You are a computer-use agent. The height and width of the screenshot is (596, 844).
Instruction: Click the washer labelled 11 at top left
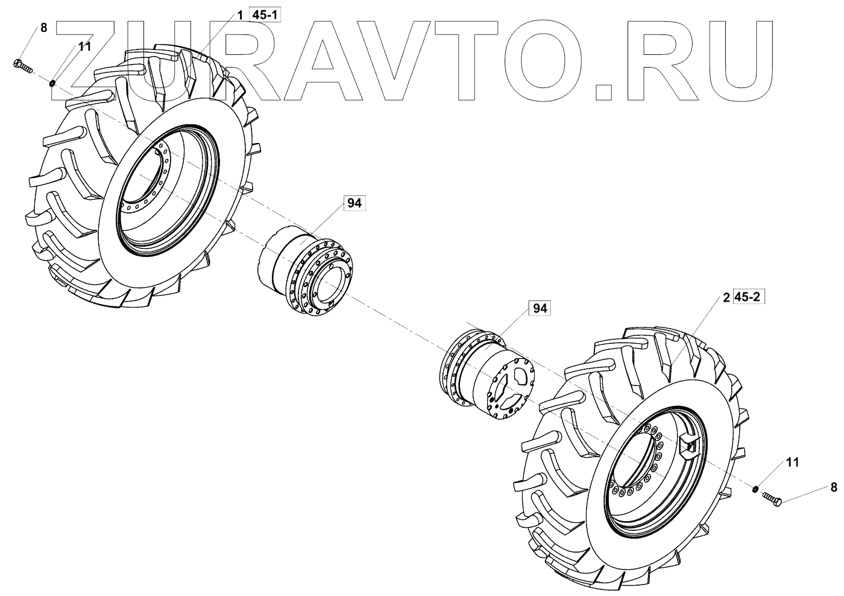tap(52, 81)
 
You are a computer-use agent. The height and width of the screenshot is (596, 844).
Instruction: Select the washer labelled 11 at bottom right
tap(755, 488)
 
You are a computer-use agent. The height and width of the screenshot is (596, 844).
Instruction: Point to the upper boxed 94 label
tap(354, 204)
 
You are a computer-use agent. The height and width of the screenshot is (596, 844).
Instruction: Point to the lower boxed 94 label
tap(539, 308)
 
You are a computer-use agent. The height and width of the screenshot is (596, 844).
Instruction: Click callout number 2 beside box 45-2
tap(726, 297)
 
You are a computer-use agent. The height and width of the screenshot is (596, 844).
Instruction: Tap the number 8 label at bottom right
tap(834, 471)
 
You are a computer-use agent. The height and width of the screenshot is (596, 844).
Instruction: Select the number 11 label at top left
tap(84, 46)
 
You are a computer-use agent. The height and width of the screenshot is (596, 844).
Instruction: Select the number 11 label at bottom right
tap(792, 463)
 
